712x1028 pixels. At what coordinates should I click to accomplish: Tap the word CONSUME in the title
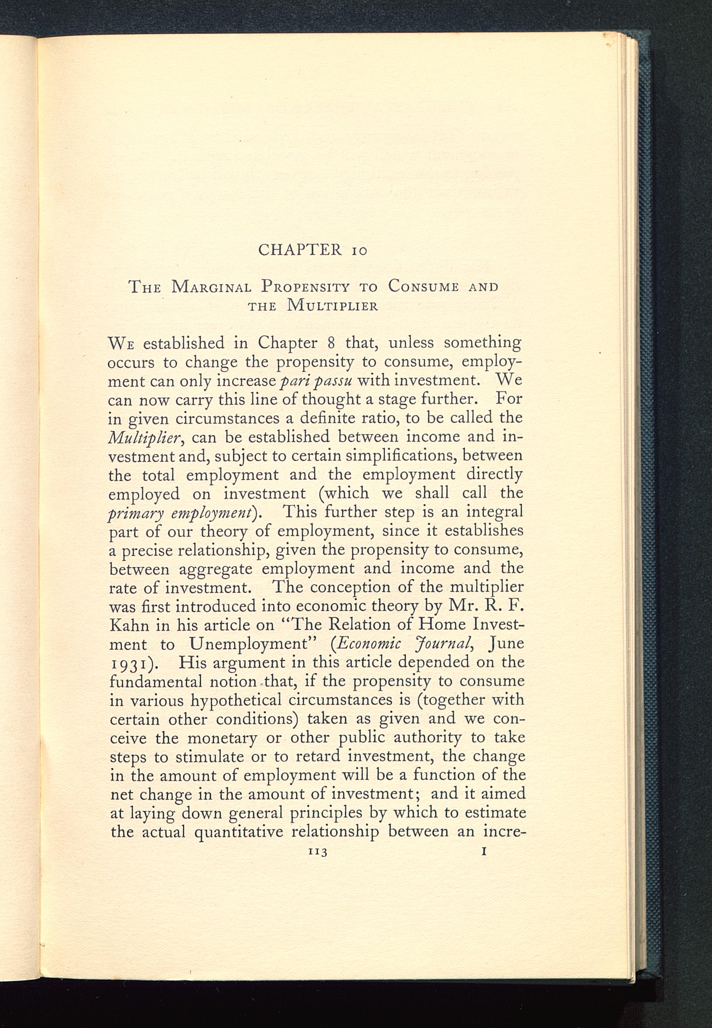[x=423, y=286]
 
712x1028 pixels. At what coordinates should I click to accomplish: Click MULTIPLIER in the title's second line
[x=333, y=306]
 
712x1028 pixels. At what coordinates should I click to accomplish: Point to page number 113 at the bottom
[x=318, y=852]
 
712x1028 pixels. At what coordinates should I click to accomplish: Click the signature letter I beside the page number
[x=484, y=851]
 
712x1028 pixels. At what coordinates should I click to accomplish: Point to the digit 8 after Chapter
[x=331, y=343]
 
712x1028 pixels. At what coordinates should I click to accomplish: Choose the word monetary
[x=222, y=738]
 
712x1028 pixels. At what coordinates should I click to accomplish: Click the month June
[x=506, y=644]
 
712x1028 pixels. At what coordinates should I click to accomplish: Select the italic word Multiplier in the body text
[x=144, y=437]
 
